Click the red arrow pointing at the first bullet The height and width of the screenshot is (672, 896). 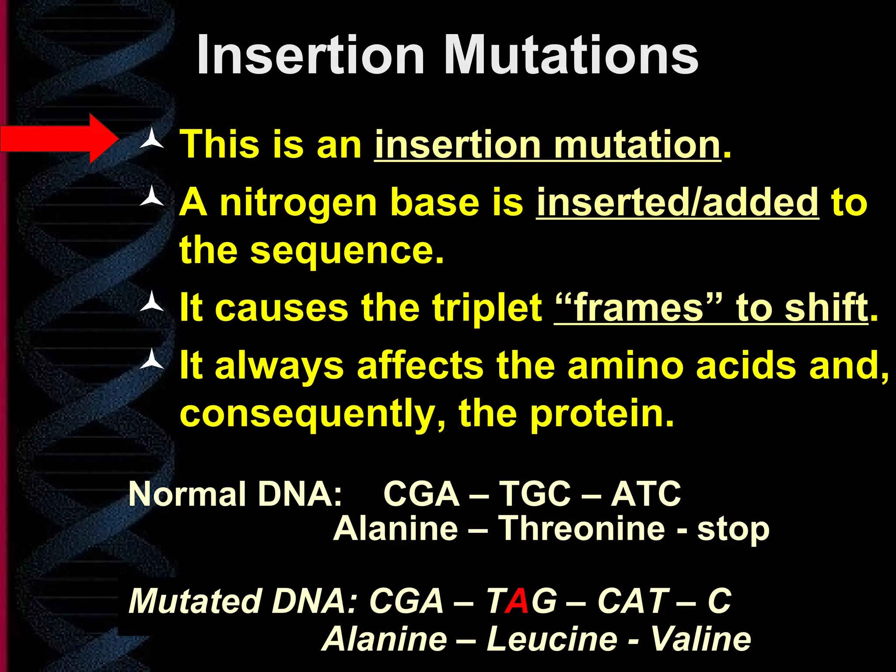pyautogui.click(x=59, y=139)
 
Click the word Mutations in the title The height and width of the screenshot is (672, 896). pyautogui.click(x=570, y=56)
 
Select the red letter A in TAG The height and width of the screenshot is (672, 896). pyautogui.click(x=518, y=601)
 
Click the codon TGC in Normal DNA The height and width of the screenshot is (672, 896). pyautogui.click(x=535, y=494)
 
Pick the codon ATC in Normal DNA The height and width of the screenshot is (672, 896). pyautogui.click(x=646, y=494)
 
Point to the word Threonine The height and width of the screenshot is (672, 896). pyautogui.click(x=582, y=528)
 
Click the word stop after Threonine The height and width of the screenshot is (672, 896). pyautogui.click(x=733, y=529)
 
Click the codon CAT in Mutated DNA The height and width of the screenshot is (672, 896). pyautogui.click(x=633, y=601)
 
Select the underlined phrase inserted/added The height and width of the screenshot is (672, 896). pyautogui.click(x=677, y=203)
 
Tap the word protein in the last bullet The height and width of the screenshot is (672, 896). pyautogui.click(x=602, y=413)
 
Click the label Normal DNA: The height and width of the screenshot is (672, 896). pyautogui.click(x=235, y=494)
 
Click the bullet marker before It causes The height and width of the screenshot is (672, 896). pyautogui.click(x=151, y=302)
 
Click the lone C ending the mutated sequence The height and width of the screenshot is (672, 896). pyautogui.click(x=719, y=601)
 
